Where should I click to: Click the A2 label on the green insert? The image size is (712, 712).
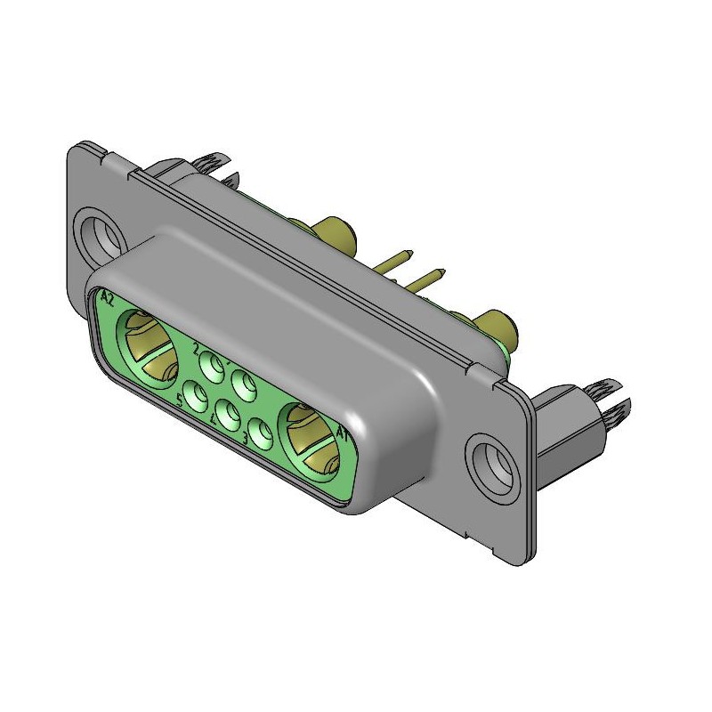(108, 296)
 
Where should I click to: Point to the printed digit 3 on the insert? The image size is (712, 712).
(246, 439)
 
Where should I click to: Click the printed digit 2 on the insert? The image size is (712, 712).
(196, 350)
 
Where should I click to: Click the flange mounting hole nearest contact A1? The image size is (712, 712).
(489, 459)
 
